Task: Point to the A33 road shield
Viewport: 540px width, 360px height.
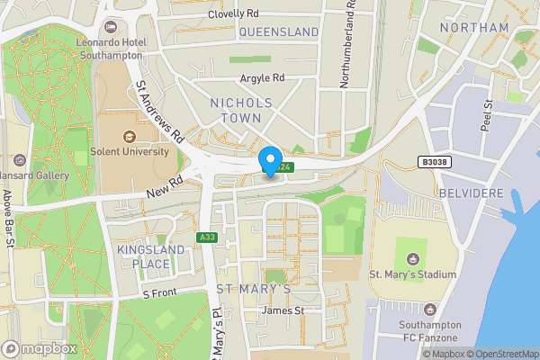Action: (x=207, y=237)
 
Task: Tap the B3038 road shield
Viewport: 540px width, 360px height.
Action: (x=434, y=163)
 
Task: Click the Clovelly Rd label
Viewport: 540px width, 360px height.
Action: (x=233, y=14)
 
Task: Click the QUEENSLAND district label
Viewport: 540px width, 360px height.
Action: (x=279, y=31)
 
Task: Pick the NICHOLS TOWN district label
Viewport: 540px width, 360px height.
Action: (x=247, y=110)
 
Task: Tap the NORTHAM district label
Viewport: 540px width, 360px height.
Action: (x=474, y=28)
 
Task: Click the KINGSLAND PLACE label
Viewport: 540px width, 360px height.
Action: (x=143, y=256)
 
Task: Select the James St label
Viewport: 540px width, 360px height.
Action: (x=283, y=310)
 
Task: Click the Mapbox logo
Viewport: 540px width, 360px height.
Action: (x=39, y=348)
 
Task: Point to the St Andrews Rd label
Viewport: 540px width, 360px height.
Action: (x=159, y=113)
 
